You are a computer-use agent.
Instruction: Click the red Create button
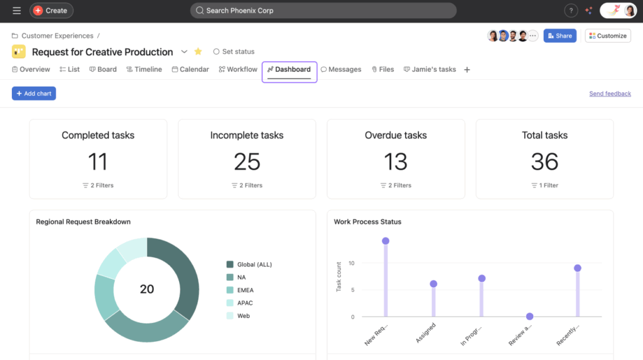[51, 11]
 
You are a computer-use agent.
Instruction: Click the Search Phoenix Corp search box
[323, 11]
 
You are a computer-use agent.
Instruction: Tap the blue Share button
[559, 36]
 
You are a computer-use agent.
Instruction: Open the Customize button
[607, 36]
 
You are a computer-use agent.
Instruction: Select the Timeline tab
[144, 69]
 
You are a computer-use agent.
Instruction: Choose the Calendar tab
[190, 69]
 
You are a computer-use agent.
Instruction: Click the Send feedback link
[610, 94]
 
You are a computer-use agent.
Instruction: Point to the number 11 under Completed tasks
[98, 161]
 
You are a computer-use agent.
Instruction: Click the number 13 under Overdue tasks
[396, 161]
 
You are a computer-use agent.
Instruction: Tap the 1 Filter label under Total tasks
[544, 185]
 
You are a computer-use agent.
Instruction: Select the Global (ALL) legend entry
[254, 265]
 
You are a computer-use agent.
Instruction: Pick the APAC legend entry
[244, 303]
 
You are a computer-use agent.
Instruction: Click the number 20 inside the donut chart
[147, 289]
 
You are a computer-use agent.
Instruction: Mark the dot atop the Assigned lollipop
[433, 284]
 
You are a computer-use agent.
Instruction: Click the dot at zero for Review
[530, 317]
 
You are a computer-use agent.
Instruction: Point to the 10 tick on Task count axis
[352, 263]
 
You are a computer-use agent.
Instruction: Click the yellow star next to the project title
[198, 52]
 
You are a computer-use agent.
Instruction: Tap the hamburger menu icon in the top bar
[16, 11]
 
